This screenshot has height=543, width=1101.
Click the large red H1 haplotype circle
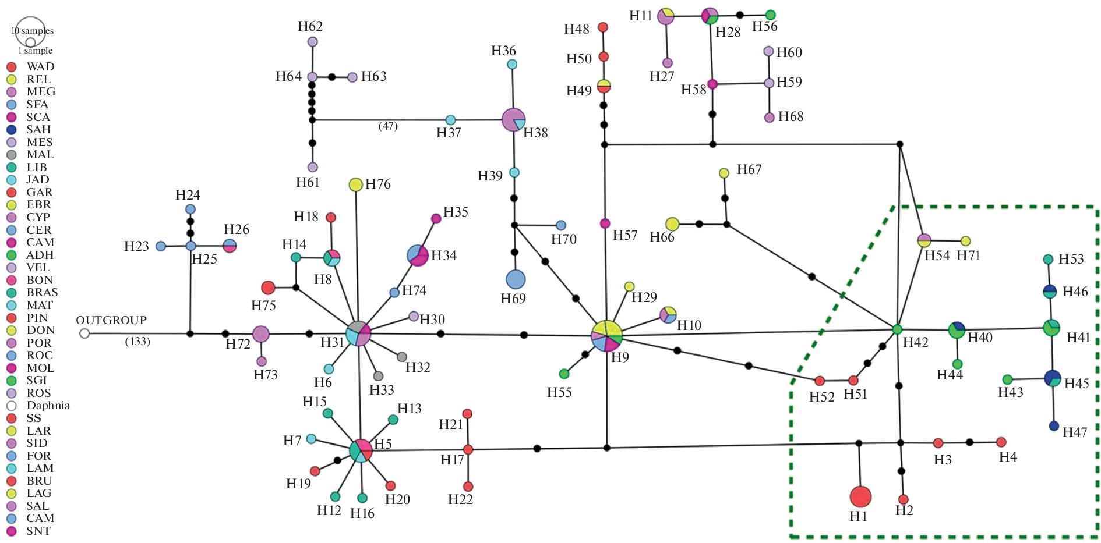(x=860, y=496)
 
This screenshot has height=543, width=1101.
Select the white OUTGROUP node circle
(x=84, y=333)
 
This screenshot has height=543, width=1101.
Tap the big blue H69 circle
(x=516, y=279)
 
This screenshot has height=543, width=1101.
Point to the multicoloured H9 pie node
(x=607, y=336)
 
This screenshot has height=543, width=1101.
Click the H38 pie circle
(x=513, y=120)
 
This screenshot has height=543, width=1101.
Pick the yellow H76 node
(x=355, y=184)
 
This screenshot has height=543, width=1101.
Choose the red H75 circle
(x=268, y=288)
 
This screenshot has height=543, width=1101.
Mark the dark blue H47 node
(x=1054, y=426)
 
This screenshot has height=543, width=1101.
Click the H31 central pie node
(x=358, y=333)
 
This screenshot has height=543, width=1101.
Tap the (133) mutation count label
(x=137, y=342)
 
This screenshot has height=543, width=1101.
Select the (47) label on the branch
(x=388, y=126)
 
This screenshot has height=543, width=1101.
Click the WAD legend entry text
(x=40, y=66)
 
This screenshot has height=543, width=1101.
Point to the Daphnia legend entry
(x=48, y=406)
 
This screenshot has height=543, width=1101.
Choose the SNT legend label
(x=38, y=531)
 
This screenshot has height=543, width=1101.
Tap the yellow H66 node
(x=672, y=224)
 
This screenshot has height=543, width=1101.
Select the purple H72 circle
(x=261, y=334)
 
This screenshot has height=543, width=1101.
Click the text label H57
(x=625, y=236)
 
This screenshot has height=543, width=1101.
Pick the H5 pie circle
(x=361, y=450)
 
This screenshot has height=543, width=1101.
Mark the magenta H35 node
(x=436, y=219)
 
